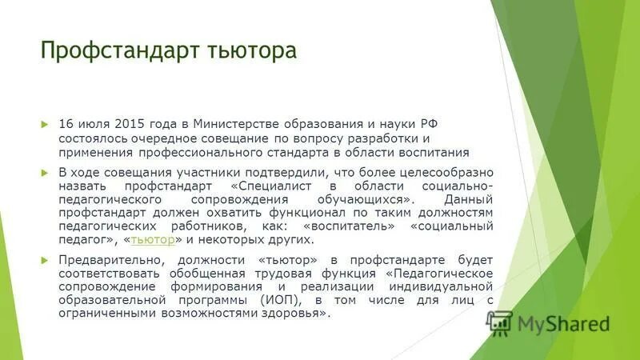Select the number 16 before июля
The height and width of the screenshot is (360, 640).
(66, 124)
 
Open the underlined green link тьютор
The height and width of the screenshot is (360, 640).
(153, 240)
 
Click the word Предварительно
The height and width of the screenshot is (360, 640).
(106, 260)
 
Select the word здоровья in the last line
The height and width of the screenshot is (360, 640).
(297, 314)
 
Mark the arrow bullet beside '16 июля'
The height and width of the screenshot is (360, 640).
(45, 125)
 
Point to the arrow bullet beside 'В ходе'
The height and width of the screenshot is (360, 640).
(45, 172)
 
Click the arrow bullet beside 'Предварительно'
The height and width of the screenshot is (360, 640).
(45, 260)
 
